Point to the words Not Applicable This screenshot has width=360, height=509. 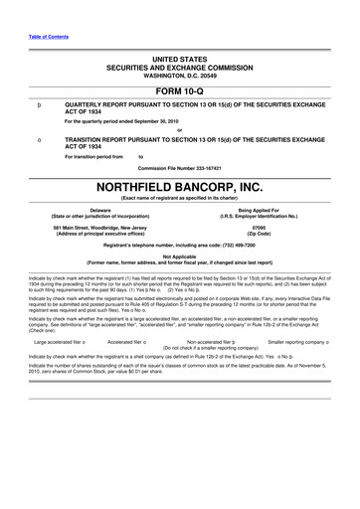179,255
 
